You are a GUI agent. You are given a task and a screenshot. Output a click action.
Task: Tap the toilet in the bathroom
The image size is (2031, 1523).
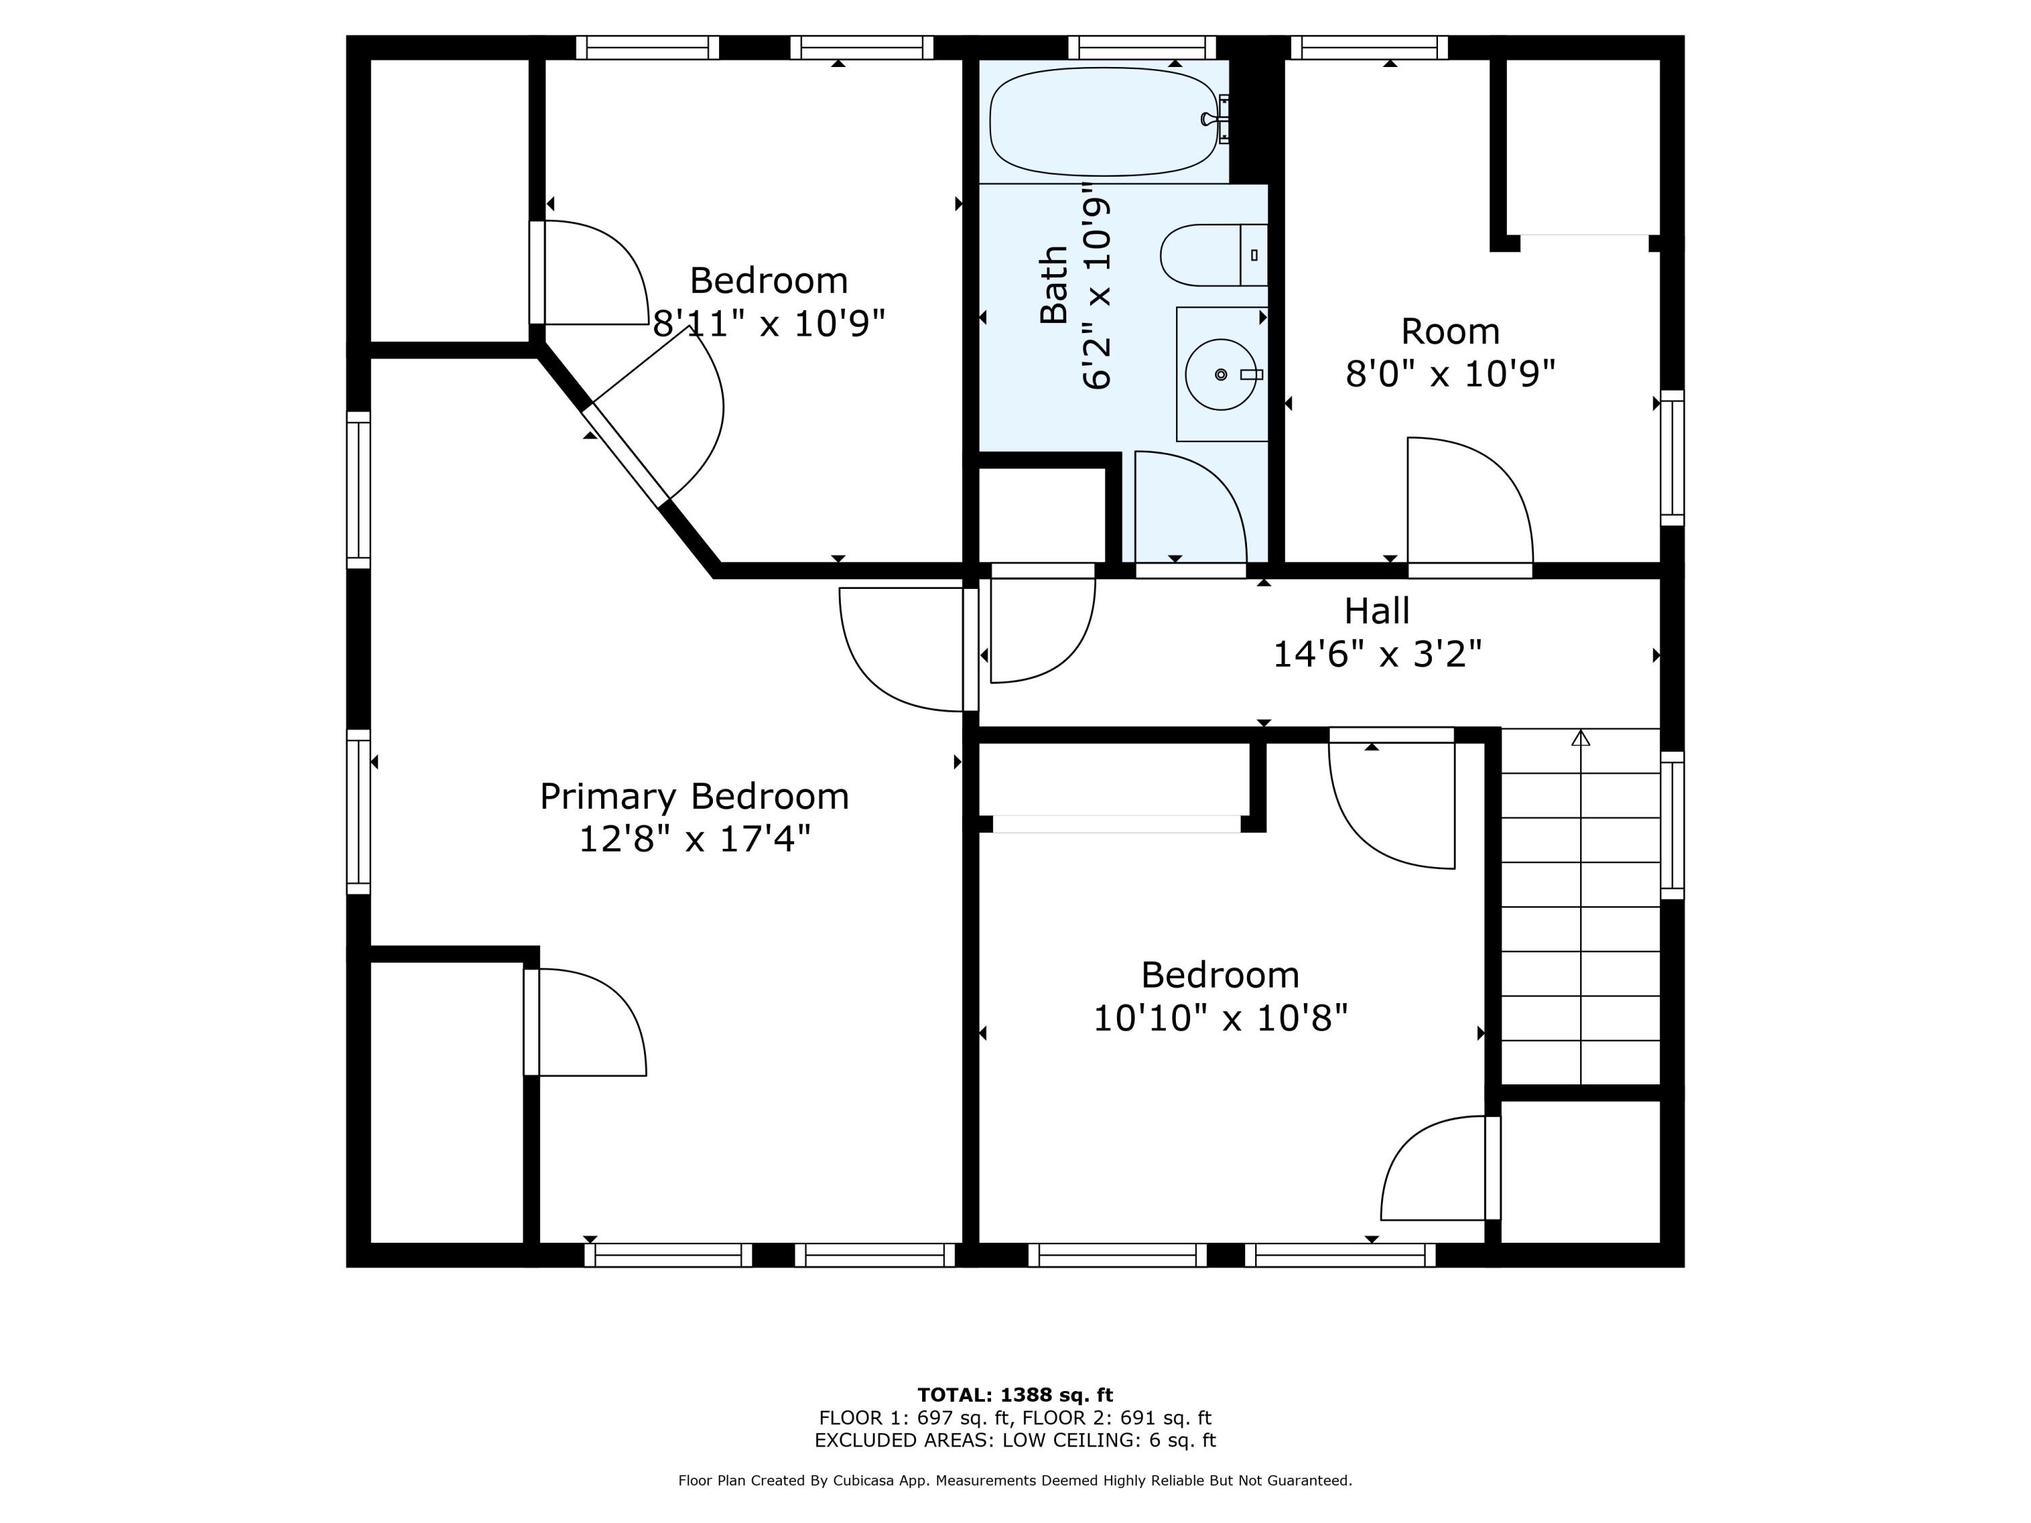(x=1214, y=255)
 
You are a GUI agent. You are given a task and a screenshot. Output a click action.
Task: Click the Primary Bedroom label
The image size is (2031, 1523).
(x=694, y=796)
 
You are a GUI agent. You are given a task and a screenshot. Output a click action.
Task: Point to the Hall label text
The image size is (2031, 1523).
(x=1376, y=611)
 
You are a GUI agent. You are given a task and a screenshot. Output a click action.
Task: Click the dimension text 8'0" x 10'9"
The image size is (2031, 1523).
(x=1451, y=374)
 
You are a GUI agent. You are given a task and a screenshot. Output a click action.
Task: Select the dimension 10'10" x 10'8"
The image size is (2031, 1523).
(x=1220, y=1018)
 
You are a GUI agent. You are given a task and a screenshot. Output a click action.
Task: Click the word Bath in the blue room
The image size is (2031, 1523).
(x=1054, y=284)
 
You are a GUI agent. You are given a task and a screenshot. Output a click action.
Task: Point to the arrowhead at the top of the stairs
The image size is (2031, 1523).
(x=1580, y=737)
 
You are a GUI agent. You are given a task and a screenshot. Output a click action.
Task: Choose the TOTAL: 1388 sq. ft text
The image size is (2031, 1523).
(x=1015, y=1395)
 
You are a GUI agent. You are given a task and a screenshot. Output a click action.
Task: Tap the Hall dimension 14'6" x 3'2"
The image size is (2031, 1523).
(x=1377, y=655)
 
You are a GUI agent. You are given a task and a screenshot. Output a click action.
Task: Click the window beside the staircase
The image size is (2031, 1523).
(x=1673, y=825)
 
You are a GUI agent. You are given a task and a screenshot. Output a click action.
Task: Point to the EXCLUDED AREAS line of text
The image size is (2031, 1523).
(x=1015, y=1440)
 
